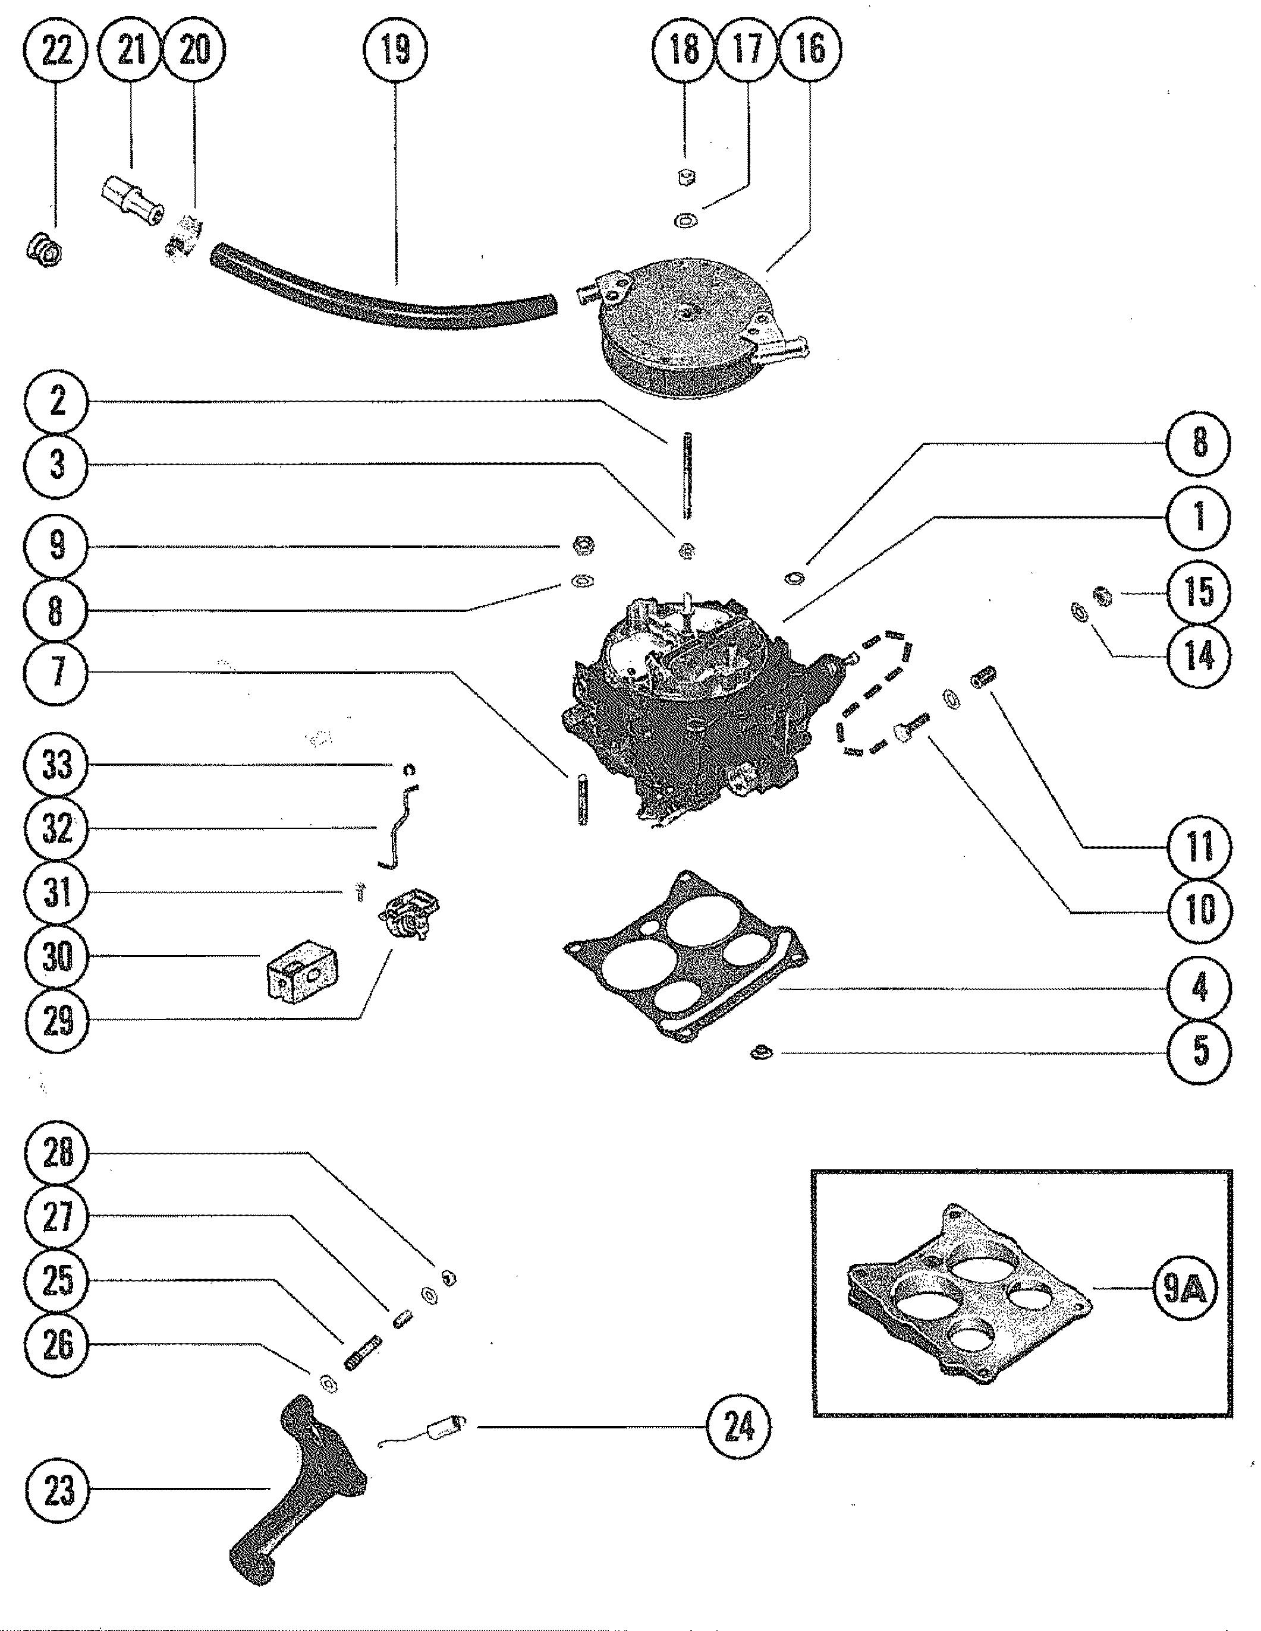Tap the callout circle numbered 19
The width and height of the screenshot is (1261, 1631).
tap(395, 51)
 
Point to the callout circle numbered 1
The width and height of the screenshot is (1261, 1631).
tap(1198, 517)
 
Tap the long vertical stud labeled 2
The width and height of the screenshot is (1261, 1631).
tap(684, 478)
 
